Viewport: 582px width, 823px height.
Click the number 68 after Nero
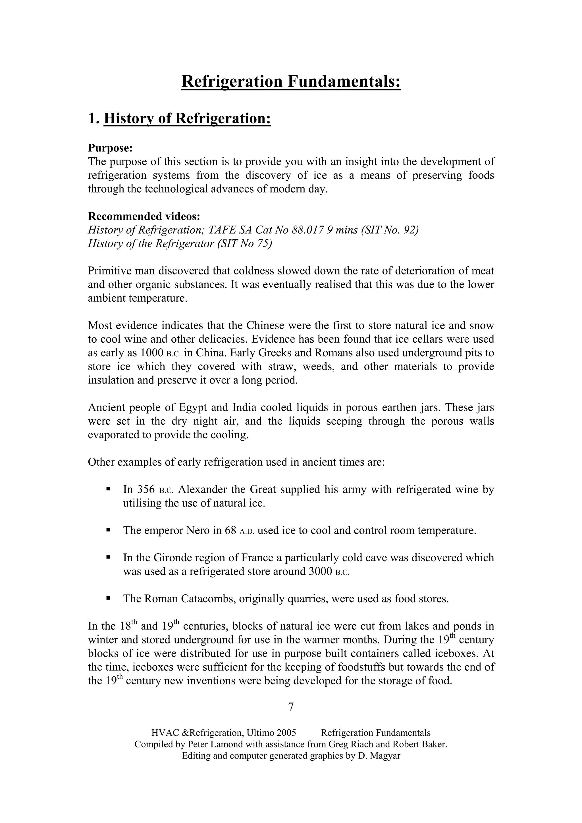[x=230, y=530]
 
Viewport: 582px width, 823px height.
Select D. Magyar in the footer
[x=379, y=756]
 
